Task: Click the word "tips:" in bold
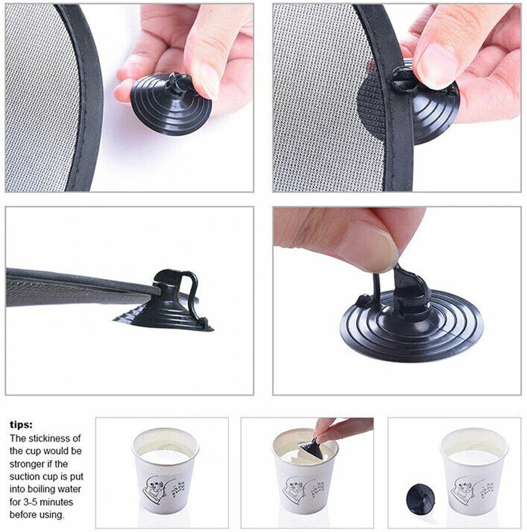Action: (21, 425)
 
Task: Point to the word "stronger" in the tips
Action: (27, 464)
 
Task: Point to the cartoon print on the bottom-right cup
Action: (466, 490)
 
